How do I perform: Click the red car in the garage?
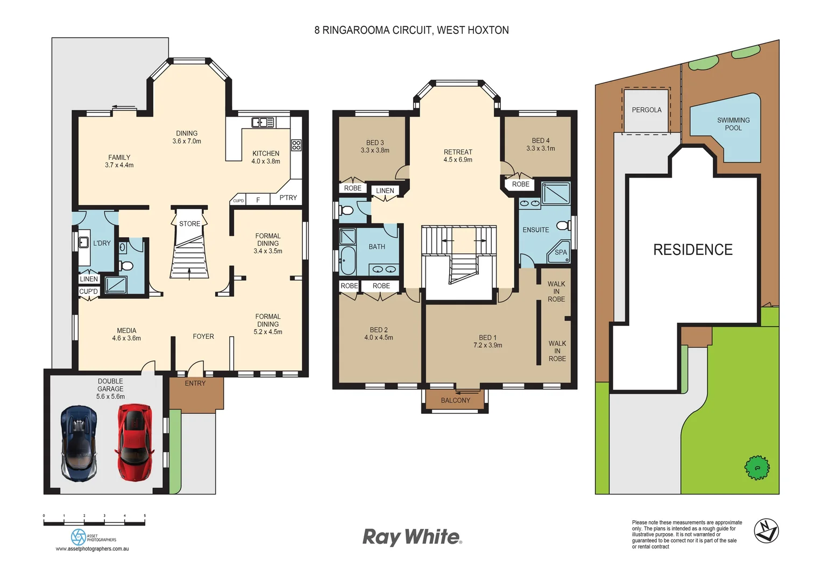[x=134, y=442]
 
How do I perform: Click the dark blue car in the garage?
[x=79, y=443]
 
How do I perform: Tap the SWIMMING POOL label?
[x=733, y=124]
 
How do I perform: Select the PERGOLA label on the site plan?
[x=646, y=110]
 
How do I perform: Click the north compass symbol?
[x=766, y=530]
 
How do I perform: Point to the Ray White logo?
[x=412, y=537]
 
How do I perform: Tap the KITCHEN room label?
[x=266, y=153]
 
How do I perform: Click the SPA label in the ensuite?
[x=561, y=252]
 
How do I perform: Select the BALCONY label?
[x=455, y=400]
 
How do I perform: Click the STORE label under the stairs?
[x=189, y=224]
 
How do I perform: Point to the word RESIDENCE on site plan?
[x=693, y=250]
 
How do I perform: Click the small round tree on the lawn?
[x=756, y=467]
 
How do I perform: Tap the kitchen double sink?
[x=263, y=123]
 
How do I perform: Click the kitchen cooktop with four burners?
[x=296, y=145]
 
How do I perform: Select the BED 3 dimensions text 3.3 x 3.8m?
[x=375, y=151]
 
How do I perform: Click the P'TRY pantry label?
[x=288, y=198]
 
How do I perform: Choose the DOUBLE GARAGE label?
[x=110, y=385]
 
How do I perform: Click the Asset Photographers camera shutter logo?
[x=79, y=537]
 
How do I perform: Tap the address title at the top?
[x=412, y=30]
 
